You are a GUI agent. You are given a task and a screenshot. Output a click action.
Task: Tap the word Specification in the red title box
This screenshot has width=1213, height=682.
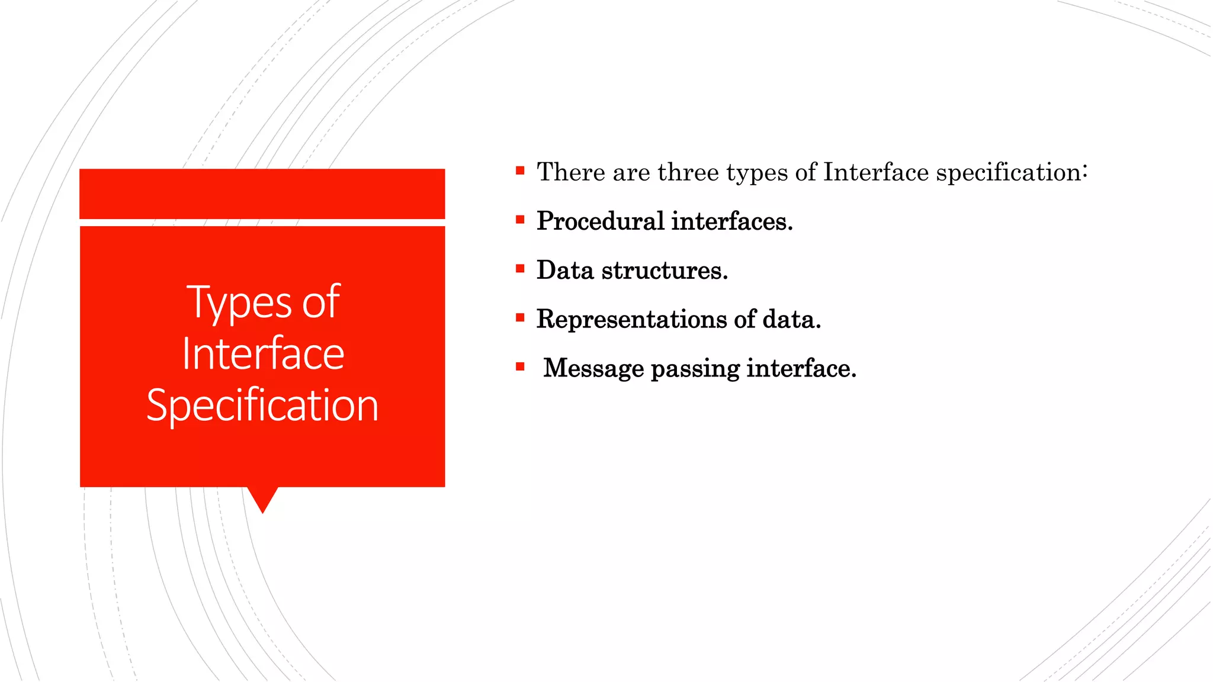click(x=262, y=406)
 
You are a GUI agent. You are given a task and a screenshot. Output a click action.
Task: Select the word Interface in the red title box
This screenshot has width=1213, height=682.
click(x=263, y=354)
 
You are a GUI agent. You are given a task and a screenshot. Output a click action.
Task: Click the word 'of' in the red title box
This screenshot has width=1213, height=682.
click(x=320, y=302)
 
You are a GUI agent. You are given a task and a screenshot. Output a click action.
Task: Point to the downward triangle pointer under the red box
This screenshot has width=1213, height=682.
click(x=262, y=498)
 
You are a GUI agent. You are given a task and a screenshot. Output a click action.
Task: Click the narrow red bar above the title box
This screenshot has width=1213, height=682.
click(x=262, y=194)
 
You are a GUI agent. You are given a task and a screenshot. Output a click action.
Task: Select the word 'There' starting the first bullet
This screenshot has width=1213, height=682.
click(x=571, y=172)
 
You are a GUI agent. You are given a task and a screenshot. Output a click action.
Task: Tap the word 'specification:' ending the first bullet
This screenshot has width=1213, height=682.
click(x=1012, y=172)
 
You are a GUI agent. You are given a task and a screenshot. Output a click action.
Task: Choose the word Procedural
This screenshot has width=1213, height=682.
click(x=601, y=221)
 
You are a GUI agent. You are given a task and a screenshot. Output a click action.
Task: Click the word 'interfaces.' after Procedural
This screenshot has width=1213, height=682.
click(x=732, y=221)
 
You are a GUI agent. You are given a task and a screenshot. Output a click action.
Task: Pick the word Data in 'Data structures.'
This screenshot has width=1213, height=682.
click(x=565, y=271)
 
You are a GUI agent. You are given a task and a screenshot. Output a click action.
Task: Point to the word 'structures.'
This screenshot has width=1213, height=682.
click(x=665, y=271)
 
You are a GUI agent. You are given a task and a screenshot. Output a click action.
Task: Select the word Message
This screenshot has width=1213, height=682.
click(x=593, y=369)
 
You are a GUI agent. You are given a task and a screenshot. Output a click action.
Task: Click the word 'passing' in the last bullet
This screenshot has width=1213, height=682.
click(x=695, y=369)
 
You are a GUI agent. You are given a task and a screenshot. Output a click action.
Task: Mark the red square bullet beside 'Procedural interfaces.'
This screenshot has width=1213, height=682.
click(x=520, y=220)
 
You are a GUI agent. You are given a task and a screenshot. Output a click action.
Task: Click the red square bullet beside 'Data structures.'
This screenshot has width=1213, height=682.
click(x=520, y=269)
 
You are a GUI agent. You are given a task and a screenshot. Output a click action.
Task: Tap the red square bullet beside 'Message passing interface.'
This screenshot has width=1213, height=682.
click(x=520, y=367)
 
